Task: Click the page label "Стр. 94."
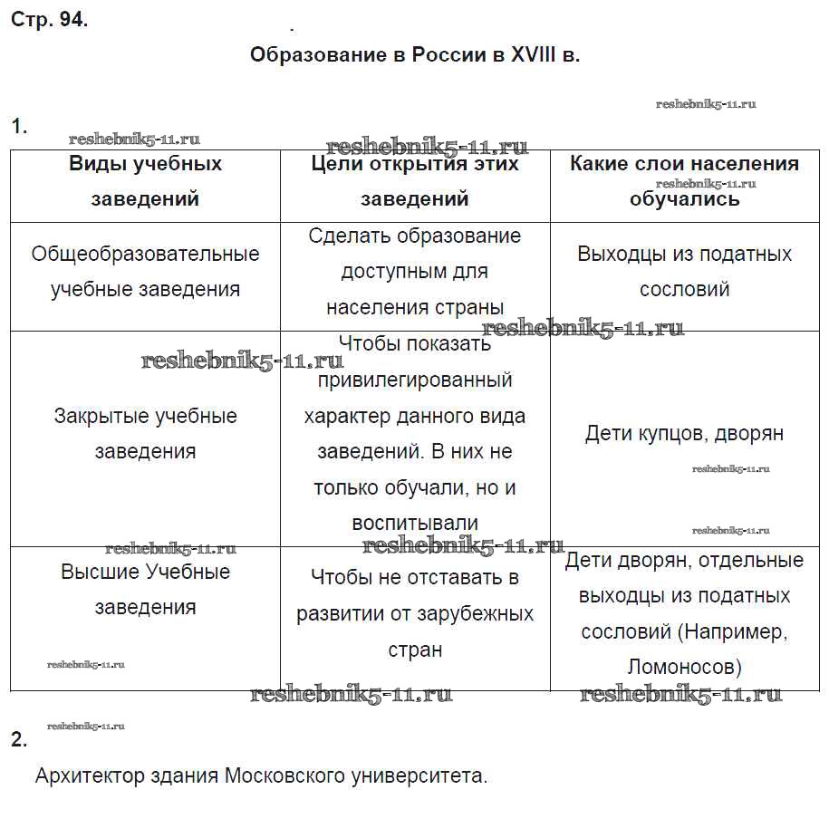click(50, 21)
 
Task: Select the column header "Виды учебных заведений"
click(145, 181)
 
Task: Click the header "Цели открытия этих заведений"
click(415, 181)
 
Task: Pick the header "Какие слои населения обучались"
click(684, 181)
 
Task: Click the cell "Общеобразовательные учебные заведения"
click(145, 272)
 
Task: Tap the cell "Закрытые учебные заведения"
click(145, 434)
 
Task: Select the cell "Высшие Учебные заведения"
click(145, 590)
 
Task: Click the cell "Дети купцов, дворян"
click(684, 434)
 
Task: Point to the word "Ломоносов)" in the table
click(684, 668)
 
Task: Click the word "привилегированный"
click(415, 380)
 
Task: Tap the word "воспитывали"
click(415, 524)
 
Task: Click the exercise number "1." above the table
click(19, 127)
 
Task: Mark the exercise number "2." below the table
click(19, 740)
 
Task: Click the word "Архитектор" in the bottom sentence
click(87, 776)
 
